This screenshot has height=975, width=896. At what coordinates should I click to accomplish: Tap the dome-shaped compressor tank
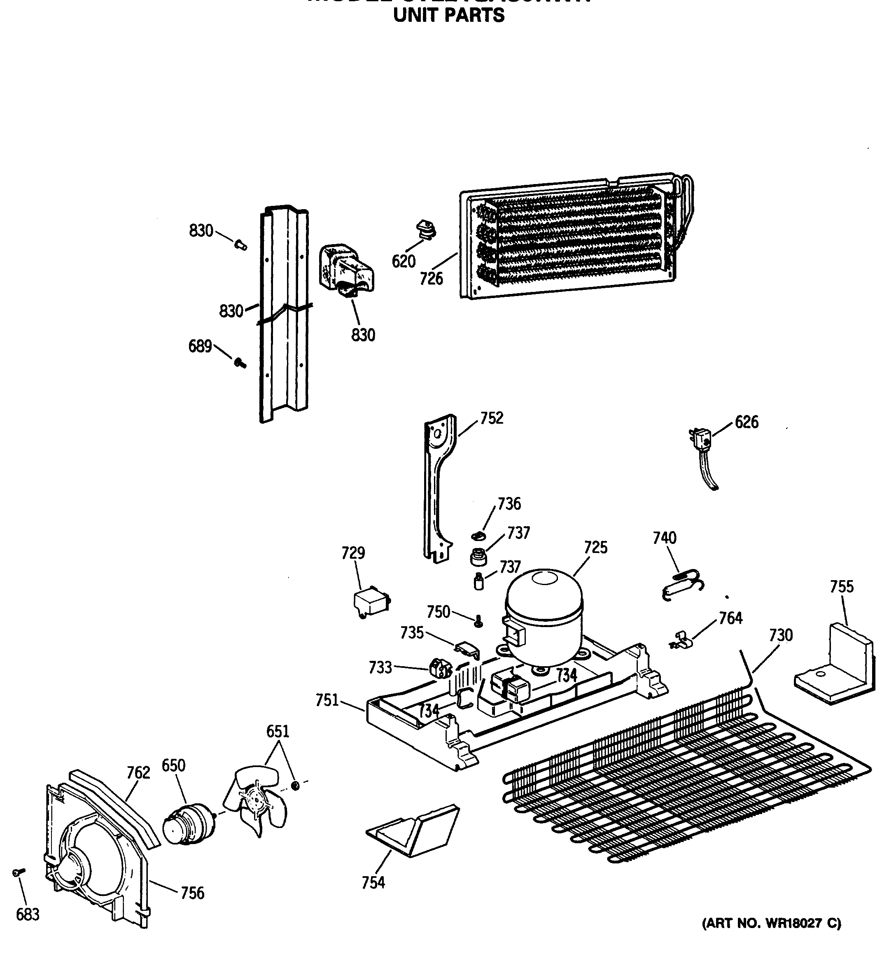click(x=544, y=614)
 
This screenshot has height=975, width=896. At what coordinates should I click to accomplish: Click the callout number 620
click(x=404, y=261)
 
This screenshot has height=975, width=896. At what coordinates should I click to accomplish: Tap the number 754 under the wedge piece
click(x=373, y=882)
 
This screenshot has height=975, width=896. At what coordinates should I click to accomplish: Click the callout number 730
click(x=781, y=635)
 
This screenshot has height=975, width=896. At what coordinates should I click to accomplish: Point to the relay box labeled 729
click(x=371, y=604)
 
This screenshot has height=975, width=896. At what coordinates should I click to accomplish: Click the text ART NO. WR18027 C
click(x=772, y=923)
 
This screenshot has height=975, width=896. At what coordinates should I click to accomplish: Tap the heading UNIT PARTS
click(x=448, y=16)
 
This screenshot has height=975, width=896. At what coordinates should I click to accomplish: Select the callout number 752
click(x=492, y=418)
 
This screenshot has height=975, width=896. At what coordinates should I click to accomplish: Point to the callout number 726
click(x=431, y=278)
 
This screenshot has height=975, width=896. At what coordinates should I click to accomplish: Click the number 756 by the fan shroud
click(x=192, y=893)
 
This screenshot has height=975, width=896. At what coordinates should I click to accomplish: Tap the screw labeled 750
click(x=478, y=621)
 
